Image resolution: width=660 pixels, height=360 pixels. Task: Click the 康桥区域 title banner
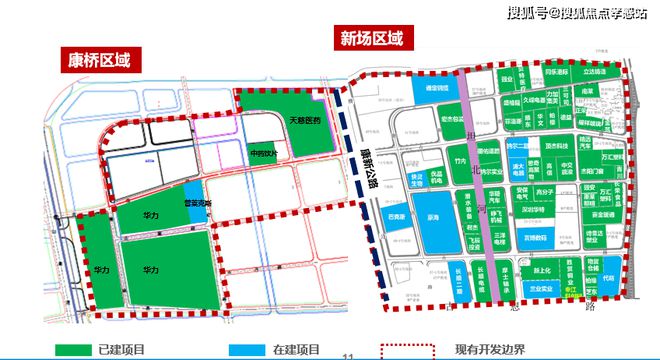click(94, 59)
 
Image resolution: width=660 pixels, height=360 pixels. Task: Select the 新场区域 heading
click(372, 39)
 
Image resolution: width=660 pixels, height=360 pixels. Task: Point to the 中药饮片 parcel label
click(265, 154)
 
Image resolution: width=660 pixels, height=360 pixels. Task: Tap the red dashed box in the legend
click(408, 350)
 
